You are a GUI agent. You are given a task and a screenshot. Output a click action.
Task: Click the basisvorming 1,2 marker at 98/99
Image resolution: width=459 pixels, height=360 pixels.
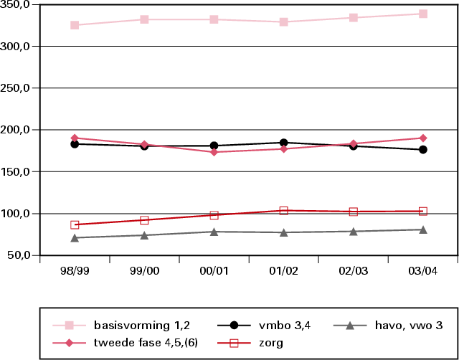click(x=75, y=25)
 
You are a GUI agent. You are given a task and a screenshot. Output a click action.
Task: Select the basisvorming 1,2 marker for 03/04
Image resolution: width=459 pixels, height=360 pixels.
click(x=423, y=14)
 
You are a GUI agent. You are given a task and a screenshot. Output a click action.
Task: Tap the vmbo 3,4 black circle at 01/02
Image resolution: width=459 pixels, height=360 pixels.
click(x=283, y=143)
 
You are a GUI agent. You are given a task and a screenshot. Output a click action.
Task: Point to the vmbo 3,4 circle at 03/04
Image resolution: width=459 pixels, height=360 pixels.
click(x=423, y=150)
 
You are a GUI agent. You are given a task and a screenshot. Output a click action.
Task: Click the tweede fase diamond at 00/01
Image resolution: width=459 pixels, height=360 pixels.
click(x=214, y=152)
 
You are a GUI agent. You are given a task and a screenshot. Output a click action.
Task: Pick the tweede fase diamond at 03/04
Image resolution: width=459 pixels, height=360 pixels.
click(x=423, y=138)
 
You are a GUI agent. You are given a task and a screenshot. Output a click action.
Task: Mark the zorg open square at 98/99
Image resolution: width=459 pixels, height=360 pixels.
click(x=75, y=225)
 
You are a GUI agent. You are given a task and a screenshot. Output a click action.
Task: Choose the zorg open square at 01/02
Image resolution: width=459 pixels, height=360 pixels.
click(x=283, y=211)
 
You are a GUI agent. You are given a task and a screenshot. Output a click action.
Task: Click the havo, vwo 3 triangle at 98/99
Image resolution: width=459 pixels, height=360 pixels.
click(x=75, y=237)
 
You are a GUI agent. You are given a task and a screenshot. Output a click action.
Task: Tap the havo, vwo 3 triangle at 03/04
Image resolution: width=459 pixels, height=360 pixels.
click(x=423, y=229)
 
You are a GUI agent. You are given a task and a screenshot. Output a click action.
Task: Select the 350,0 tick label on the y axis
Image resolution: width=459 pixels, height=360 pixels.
click(x=19, y=5)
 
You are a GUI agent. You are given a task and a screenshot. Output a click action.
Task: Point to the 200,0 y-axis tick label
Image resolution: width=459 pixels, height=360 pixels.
click(x=19, y=130)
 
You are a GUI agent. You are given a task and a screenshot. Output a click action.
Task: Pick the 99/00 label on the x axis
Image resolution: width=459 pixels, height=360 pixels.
click(x=144, y=271)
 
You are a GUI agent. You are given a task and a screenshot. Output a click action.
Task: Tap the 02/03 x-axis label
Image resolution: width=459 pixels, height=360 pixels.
click(x=353, y=271)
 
